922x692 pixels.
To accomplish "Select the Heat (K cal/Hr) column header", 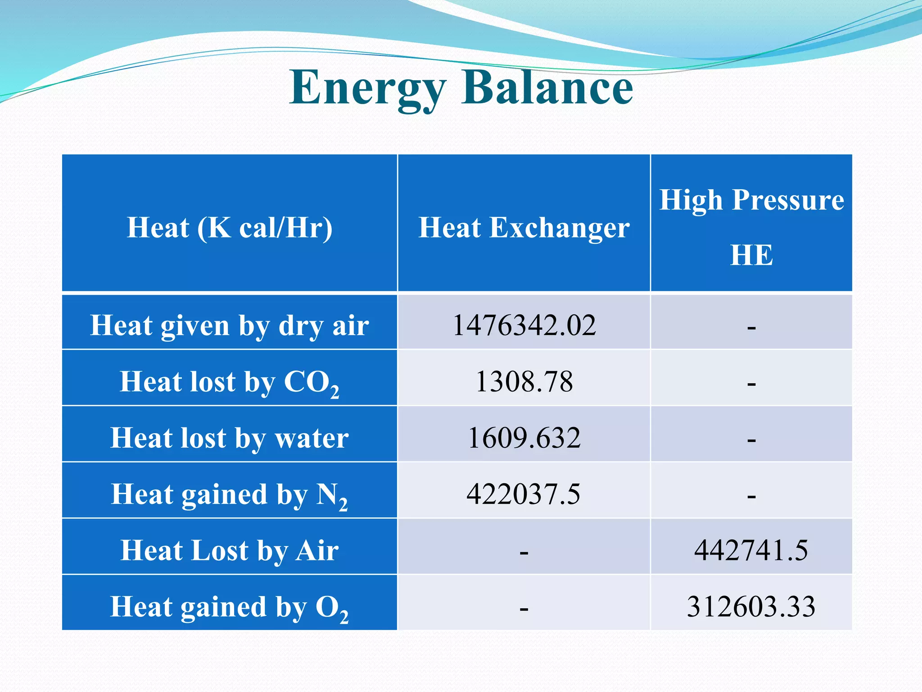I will (x=230, y=227).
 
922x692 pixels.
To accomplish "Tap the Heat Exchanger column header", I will (x=524, y=227).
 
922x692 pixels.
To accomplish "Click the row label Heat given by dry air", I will (x=230, y=325).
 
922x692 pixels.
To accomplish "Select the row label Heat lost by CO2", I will (x=230, y=382).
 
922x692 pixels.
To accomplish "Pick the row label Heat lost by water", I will (x=230, y=438).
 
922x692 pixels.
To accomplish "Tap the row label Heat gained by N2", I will (x=230, y=495).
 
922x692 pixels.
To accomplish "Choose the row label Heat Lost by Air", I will (x=230, y=551).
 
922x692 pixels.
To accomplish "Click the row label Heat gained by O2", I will (x=230, y=607).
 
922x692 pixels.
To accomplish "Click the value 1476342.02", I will (x=524, y=325).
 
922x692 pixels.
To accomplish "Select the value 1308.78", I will (x=524, y=382).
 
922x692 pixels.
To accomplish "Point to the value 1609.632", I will (x=524, y=438).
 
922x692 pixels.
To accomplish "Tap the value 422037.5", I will (x=523, y=494).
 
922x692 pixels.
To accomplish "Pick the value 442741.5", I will (x=751, y=550).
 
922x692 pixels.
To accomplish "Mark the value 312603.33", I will (x=751, y=606).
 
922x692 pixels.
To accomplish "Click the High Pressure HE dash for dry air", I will (x=751, y=328).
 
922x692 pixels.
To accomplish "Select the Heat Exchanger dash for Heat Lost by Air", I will (x=524, y=552).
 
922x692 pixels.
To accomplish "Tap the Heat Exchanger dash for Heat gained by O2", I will (x=524, y=609).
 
